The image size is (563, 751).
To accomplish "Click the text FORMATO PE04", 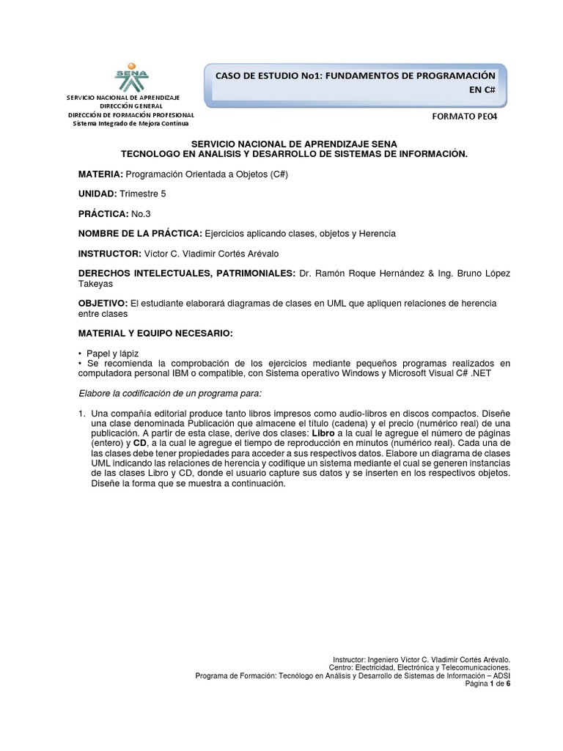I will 467,116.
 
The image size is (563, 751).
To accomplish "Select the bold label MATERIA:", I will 100,174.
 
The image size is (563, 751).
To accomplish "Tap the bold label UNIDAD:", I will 97,194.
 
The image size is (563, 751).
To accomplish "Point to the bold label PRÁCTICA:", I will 103,213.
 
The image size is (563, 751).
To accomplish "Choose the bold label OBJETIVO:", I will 103,303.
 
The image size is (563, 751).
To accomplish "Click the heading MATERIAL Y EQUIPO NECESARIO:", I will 155,334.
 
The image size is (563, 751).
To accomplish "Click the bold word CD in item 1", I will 139,444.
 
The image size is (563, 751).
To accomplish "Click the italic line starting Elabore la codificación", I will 170,394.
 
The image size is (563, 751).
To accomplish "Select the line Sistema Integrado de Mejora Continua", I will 131,123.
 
